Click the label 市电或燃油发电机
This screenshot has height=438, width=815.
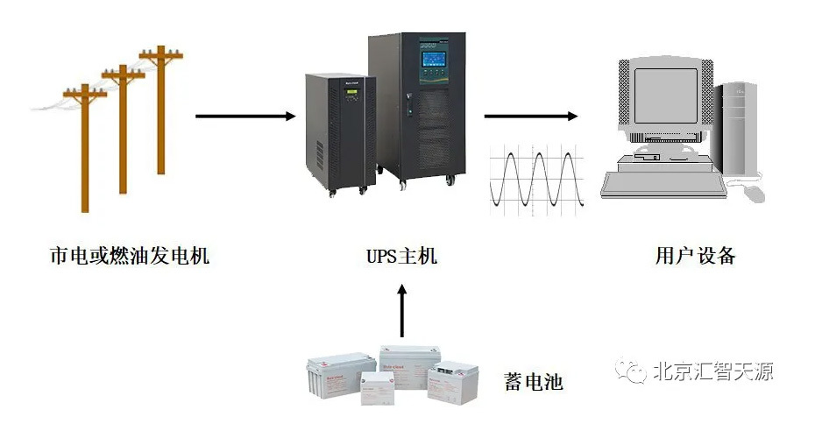click(x=130, y=257)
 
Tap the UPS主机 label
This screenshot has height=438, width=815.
click(x=401, y=257)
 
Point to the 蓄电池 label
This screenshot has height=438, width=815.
click(x=533, y=382)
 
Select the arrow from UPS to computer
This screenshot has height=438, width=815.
click(x=531, y=116)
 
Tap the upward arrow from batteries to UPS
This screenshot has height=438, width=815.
click(x=402, y=311)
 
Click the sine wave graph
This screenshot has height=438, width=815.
click(x=535, y=180)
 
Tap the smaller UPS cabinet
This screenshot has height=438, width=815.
click(x=339, y=131)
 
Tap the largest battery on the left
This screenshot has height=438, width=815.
click(x=339, y=377)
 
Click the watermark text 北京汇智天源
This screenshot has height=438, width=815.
click(x=712, y=371)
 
